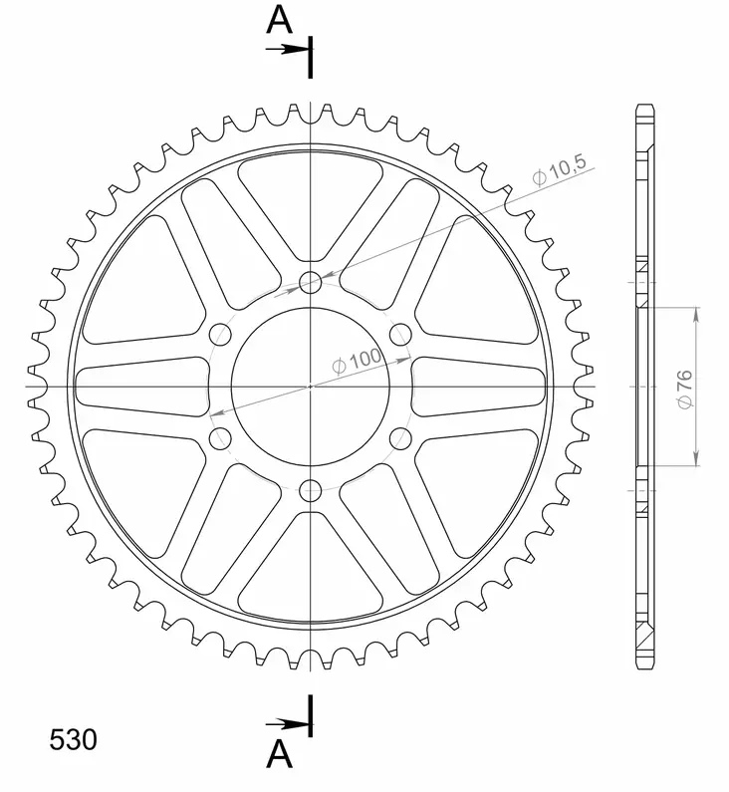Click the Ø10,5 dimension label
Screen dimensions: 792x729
pyautogui.click(x=559, y=171)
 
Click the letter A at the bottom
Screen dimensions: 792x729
pyautogui.click(x=279, y=756)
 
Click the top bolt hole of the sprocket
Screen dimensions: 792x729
pyautogui.click(x=311, y=282)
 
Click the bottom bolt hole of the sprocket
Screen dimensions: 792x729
pyautogui.click(x=311, y=490)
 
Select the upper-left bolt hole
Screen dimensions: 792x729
pyautogui.click(x=221, y=334)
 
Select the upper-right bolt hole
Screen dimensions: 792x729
pyautogui.click(x=401, y=334)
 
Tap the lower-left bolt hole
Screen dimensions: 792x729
pyautogui.click(x=221, y=437)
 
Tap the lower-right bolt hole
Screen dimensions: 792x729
pyautogui.click(x=401, y=437)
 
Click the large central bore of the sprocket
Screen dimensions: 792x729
pyautogui.click(x=311, y=386)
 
